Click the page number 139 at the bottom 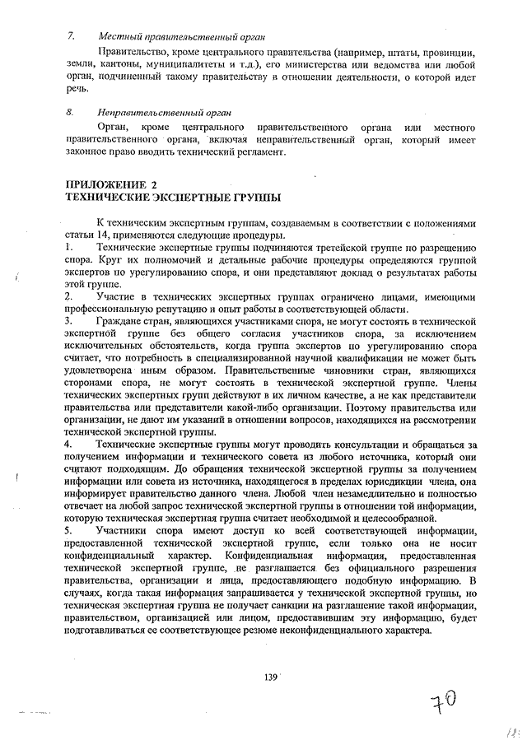pos(268,677)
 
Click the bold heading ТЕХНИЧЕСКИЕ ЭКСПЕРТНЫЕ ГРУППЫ pos(172,198)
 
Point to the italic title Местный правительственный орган pos(169,36)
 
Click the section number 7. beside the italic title pos(72,36)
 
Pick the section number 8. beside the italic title pos(72,112)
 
